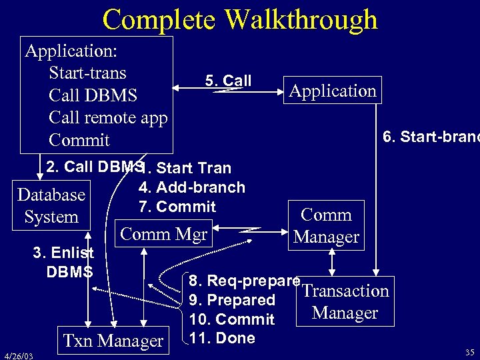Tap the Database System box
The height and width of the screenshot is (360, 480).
coord(51,206)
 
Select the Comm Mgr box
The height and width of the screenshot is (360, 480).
coord(163,235)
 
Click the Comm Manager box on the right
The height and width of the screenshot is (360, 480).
coord(327,225)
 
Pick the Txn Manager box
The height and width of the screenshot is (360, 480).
coord(112,341)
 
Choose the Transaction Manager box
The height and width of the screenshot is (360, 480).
coord(345,302)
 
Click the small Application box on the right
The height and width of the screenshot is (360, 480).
coord(333,91)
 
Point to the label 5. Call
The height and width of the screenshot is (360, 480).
coord(228,81)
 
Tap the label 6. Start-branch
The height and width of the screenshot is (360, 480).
coord(431,137)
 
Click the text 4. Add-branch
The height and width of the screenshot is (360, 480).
coord(191,187)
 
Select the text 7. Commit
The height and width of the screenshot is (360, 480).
coord(177,207)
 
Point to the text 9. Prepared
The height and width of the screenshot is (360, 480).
coord(232,300)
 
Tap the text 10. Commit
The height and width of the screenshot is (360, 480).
coord(231,319)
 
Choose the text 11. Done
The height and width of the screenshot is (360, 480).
coord(222,338)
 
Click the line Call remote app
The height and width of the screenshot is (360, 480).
coord(108,117)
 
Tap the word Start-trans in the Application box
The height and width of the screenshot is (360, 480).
coord(87,72)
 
